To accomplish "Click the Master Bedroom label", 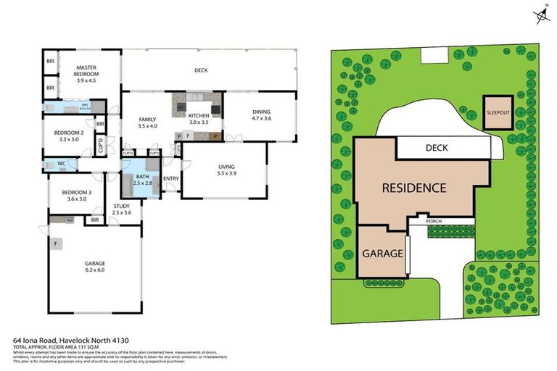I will click(x=86, y=70).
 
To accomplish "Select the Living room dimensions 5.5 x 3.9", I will click(x=227, y=174).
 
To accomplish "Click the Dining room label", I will click(x=261, y=112).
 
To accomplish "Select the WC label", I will click(x=62, y=164).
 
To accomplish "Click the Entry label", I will click(x=171, y=178).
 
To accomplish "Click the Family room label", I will click(x=147, y=120).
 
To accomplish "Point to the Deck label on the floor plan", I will click(x=201, y=70).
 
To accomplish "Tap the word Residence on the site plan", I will click(x=414, y=188).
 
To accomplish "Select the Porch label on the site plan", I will click(x=434, y=221).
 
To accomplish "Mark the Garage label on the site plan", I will click(x=383, y=254).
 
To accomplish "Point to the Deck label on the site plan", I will click(x=436, y=148).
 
